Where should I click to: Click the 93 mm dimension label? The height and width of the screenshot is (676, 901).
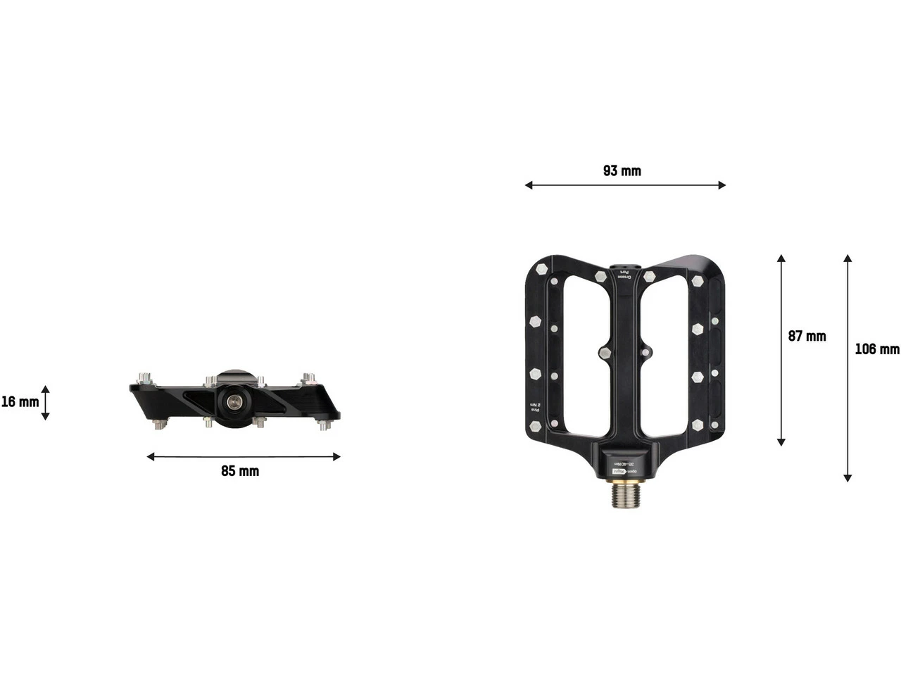coord(622,171)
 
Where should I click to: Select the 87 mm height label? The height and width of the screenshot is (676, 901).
coord(807,337)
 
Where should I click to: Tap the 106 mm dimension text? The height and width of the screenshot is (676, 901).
coord(876,349)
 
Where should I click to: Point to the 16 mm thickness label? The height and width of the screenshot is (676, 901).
coord(20,402)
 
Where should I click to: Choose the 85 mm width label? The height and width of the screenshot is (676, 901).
coord(240,471)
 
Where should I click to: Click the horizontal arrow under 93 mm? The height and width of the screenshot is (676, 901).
coord(625,185)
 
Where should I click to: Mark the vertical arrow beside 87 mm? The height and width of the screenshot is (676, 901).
coord(781,350)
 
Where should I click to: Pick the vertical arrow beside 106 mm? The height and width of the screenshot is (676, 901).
coord(848,368)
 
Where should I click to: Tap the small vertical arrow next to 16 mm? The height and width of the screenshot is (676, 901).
coord(45,403)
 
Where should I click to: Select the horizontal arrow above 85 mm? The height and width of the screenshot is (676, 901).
coord(244,457)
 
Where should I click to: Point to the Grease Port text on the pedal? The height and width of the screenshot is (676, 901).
coord(622,273)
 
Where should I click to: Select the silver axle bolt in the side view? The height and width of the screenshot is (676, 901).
coord(232,401)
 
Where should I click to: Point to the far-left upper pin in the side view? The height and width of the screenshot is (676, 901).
coord(145,376)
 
